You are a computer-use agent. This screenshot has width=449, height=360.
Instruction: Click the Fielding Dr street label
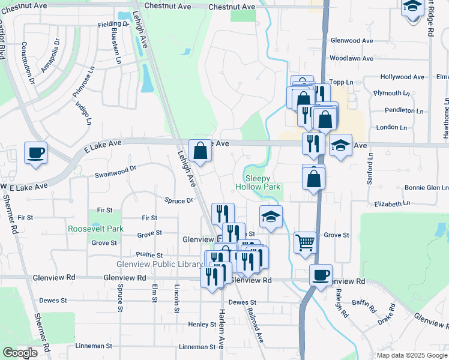point(113,25)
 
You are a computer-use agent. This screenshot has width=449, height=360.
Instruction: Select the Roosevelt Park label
point(95,229)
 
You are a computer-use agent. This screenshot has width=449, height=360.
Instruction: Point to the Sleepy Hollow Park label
point(263,182)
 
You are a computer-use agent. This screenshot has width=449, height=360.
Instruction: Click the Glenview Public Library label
point(159,265)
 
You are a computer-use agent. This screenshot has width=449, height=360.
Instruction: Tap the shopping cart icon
point(306,242)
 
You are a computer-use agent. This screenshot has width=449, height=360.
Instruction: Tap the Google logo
point(20,353)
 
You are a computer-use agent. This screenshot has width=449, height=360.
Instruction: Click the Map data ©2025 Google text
point(412,355)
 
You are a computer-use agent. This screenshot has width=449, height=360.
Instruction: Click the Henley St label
point(202,325)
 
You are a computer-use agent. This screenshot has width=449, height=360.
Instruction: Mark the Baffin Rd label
point(364,307)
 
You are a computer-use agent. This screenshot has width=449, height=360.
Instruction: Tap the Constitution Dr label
point(28,62)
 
